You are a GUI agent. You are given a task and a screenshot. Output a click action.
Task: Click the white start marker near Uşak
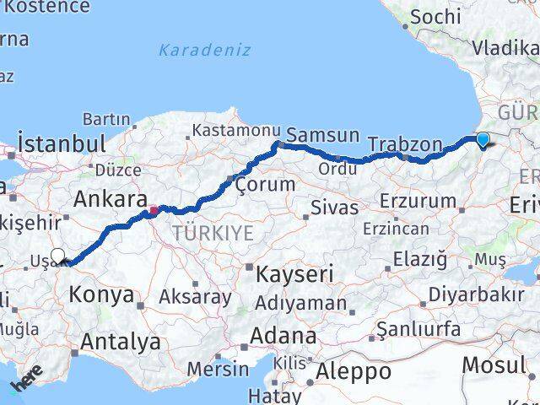(57, 256)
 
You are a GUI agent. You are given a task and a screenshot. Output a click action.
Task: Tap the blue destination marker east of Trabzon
(483, 139)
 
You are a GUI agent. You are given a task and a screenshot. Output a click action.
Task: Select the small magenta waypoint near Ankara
(154, 210)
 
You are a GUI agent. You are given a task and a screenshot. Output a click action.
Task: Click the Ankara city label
(106, 199)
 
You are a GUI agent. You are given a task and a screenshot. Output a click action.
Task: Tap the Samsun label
(323, 135)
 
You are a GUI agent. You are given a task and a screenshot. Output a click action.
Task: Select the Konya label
(101, 294)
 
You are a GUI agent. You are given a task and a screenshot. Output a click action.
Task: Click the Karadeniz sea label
(206, 50)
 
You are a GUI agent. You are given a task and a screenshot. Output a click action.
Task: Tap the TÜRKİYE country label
(213, 234)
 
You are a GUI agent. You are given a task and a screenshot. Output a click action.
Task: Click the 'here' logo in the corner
(25, 382)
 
